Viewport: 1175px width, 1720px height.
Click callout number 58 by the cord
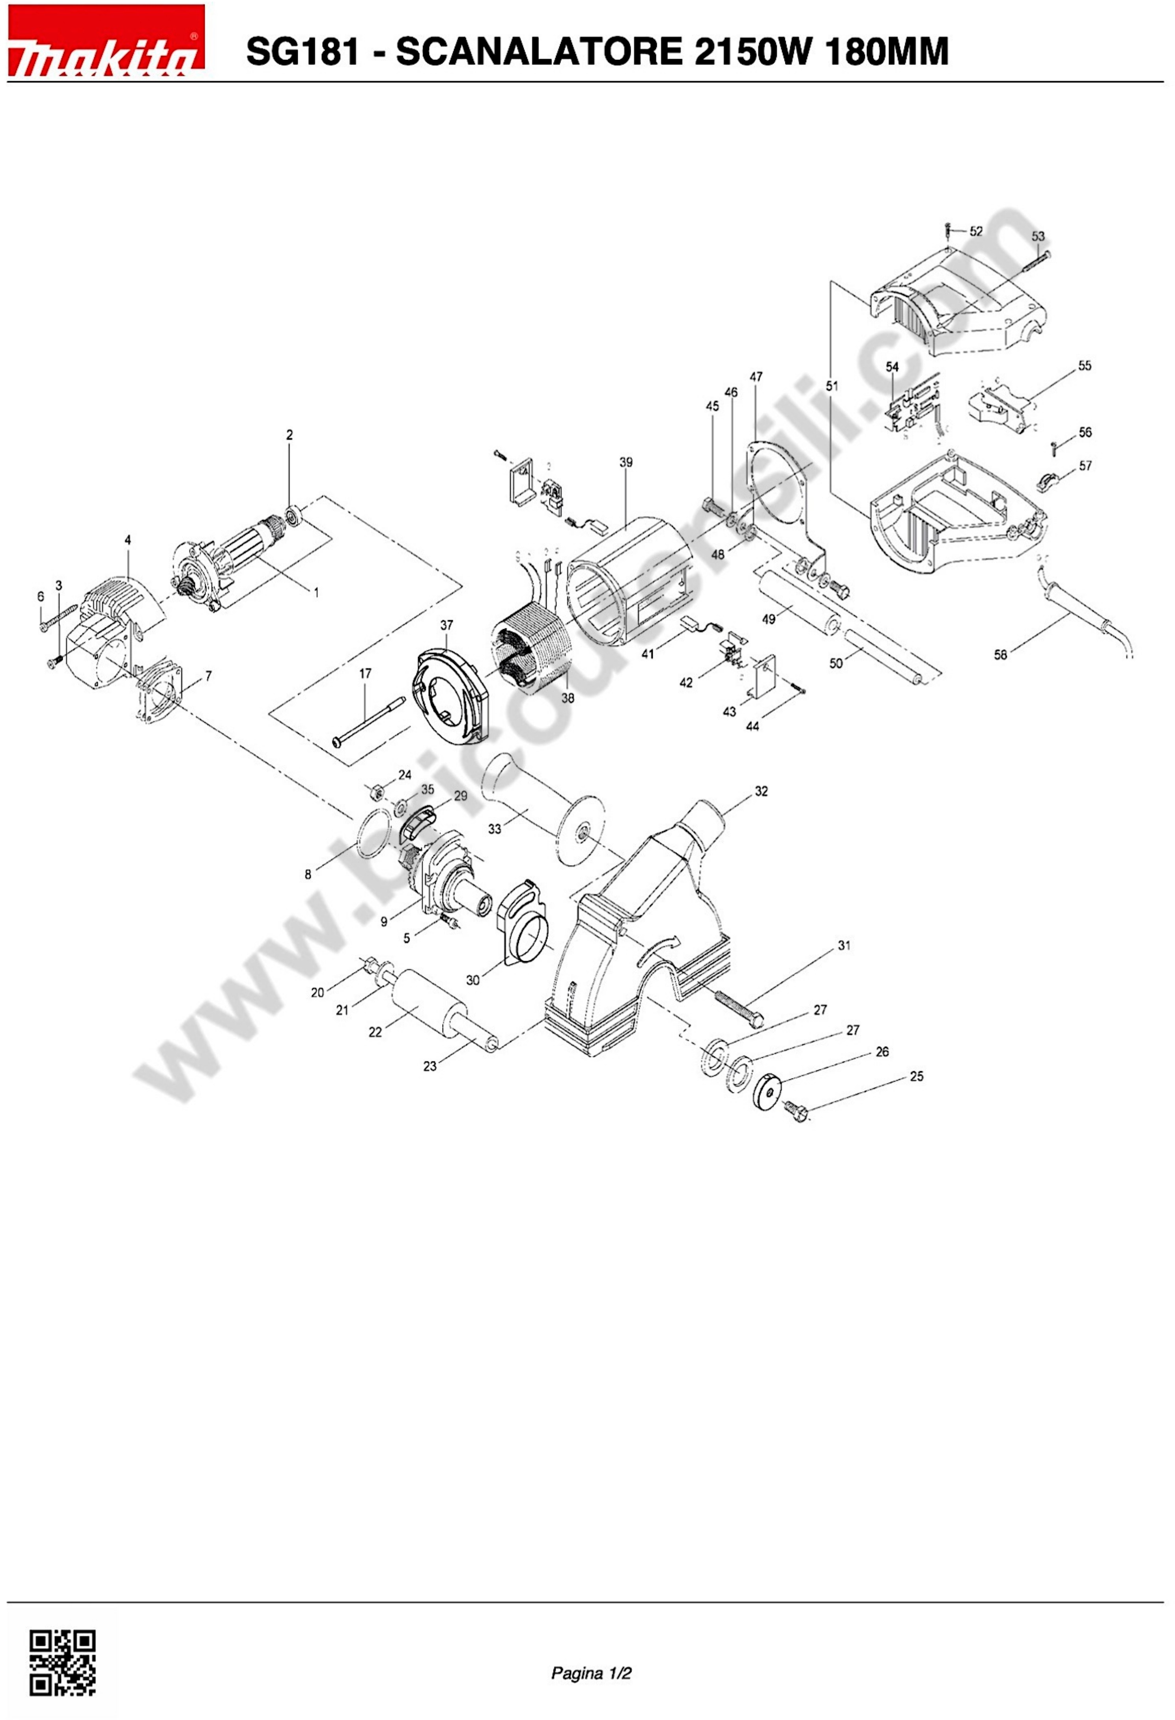(1000, 654)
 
